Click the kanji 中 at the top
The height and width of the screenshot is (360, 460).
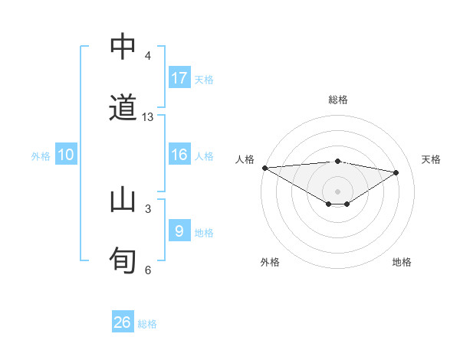click(123, 47)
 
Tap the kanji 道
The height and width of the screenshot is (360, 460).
click(123, 107)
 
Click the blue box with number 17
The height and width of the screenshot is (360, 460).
click(179, 77)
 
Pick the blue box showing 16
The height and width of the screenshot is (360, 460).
click(179, 155)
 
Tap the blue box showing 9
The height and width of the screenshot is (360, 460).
click(179, 231)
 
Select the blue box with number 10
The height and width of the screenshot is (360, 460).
click(65, 155)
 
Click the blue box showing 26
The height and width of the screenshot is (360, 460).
click(123, 322)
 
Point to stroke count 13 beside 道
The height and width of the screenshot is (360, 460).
click(148, 117)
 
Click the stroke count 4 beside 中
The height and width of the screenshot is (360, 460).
click(148, 56)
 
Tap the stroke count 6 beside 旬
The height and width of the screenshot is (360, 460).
click(148, 270)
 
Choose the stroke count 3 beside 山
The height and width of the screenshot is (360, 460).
click(148, 208)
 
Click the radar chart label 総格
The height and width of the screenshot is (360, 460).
click(338, 100)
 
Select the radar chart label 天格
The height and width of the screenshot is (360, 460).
click(432, 159)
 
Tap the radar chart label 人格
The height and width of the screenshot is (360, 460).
click(245, 159)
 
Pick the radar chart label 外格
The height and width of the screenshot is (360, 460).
click(270, 262)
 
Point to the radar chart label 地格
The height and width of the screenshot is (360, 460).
click(402, 262)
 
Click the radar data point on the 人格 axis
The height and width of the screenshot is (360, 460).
click(264, 168)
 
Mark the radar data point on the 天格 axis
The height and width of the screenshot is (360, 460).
click(396, 172)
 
